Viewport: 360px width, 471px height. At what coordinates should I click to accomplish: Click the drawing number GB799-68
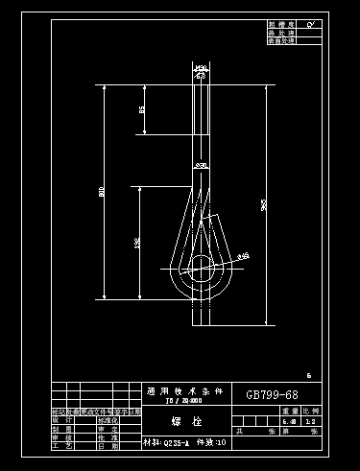[272, 395]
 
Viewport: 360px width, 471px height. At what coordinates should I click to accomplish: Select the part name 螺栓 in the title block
[182, 421]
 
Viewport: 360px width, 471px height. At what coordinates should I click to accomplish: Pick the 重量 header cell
[290, 411]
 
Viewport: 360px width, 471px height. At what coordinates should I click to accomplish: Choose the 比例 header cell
[311, 411]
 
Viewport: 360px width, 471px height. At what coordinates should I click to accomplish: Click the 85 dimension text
[142, 110]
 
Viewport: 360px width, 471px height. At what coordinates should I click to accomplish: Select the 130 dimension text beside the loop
[137, 245]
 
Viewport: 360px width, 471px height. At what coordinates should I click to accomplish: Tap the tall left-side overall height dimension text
[102, 192]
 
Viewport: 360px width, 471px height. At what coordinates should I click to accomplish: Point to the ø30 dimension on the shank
[202, 167]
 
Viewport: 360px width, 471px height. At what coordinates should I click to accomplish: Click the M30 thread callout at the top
[202, 67]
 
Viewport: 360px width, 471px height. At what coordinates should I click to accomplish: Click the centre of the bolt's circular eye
[202, 266]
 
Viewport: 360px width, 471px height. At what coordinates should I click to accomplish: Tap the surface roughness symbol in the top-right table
[311, 23]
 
